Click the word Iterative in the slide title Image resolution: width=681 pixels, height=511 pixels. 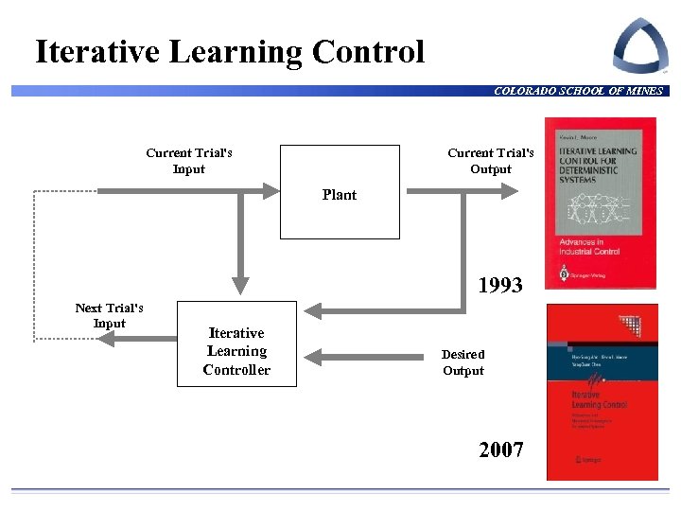coord(98,52)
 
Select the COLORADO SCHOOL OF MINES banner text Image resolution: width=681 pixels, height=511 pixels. coord(578,91)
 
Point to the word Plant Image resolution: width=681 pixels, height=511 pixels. coord(340,195)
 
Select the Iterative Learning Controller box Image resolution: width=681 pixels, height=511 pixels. coord(236,351)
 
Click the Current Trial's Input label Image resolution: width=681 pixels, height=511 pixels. coord(189,161)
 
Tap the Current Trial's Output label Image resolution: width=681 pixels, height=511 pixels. coord(491,161)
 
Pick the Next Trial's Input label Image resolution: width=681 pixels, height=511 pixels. coord(110,316)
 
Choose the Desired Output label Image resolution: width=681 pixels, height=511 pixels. coord(463,362)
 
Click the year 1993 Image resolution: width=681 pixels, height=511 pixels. coord(500,285)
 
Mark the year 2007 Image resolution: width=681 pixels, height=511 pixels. coord(501,449)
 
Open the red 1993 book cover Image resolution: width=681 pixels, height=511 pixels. coord(601,202)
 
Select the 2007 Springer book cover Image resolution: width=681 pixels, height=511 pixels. coord(602,391)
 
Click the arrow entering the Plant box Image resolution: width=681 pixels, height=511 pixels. coord(189,191)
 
